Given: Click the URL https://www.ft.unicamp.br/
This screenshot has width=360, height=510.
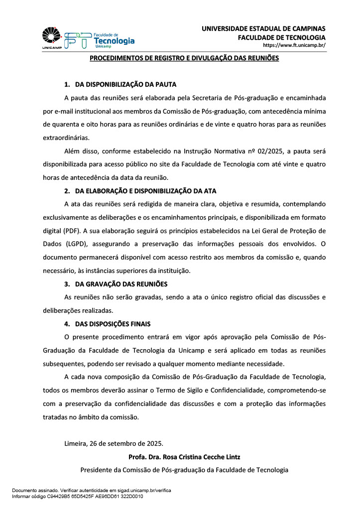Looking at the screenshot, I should (294, 46).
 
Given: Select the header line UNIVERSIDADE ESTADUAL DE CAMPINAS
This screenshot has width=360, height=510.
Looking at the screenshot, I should (263, 28).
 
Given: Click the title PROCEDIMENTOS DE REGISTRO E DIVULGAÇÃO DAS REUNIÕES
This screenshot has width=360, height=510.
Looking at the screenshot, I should (184, 59).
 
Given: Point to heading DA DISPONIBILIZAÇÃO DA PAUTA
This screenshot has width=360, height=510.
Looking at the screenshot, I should (125, 84).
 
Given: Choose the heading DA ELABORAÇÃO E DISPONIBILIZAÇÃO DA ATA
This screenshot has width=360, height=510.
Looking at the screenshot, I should (145, 191).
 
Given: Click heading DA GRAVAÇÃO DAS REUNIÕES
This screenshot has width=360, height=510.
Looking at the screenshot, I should (121, 284).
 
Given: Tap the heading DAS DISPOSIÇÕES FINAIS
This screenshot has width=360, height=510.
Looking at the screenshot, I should (113, 324).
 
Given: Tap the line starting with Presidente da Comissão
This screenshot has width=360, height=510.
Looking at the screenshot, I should (184, 470).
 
